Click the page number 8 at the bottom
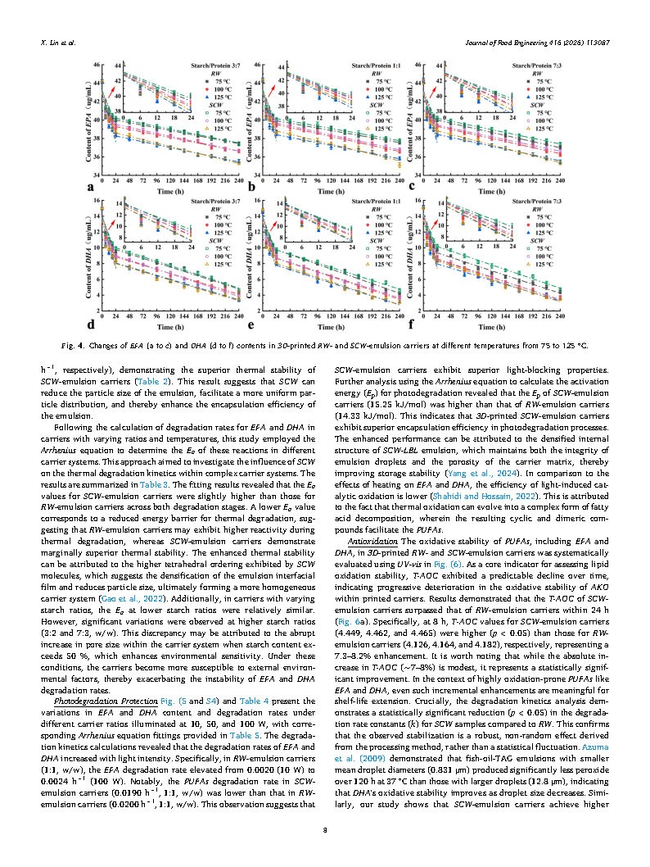click(325, 829)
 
